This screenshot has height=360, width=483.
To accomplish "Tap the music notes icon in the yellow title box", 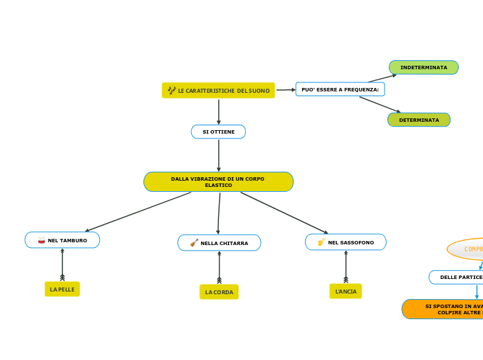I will (171, 90).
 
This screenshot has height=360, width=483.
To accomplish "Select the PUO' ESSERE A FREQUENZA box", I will (340, 89).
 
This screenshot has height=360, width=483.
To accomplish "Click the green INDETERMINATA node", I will (423, 67).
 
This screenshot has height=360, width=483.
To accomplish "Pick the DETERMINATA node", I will (419, 120).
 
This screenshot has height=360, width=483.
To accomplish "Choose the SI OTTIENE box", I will (218, 132).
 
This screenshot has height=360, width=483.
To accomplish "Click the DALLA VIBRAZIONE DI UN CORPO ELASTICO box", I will (218, 181).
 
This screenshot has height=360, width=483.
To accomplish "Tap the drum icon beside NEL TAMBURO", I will (42, 240).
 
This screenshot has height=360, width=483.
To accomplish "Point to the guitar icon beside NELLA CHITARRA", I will (194, 243).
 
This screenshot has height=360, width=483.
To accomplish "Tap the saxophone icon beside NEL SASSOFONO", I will (322, 242).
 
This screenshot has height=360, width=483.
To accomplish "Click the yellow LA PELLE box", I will (62, 289).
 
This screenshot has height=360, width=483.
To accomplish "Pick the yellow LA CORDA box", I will (219, 292).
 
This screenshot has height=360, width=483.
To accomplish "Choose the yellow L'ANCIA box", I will (346, 291).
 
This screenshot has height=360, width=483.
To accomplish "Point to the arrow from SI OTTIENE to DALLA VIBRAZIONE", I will (218, 155).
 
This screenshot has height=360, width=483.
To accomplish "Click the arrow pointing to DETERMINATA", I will (379, 105).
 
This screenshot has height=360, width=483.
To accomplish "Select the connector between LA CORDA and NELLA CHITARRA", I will (220, 267).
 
